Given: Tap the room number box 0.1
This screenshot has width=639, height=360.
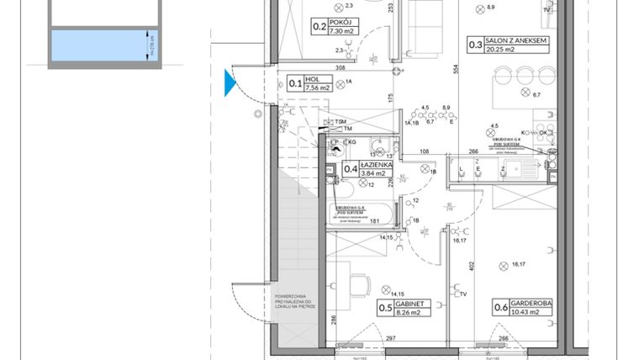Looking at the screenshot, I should tap(295, 83).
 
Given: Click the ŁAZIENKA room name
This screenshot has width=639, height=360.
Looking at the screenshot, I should tap(376, 165).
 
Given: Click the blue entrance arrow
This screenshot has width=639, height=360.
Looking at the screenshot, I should tap(229, 83).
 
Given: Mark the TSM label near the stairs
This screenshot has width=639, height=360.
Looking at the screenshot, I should tap(340, 121).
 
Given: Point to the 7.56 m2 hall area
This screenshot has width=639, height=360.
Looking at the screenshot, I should tap(317, 87).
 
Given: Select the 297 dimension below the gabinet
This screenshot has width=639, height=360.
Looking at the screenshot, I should tap(389, 339).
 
